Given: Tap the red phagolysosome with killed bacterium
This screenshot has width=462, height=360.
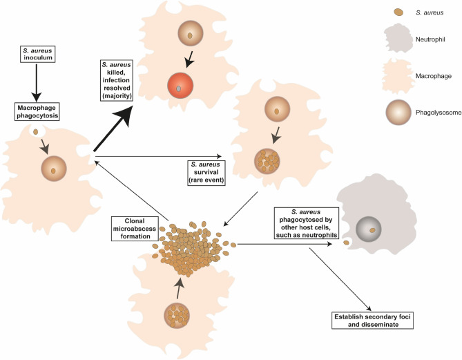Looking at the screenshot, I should (x=199, y=88).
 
